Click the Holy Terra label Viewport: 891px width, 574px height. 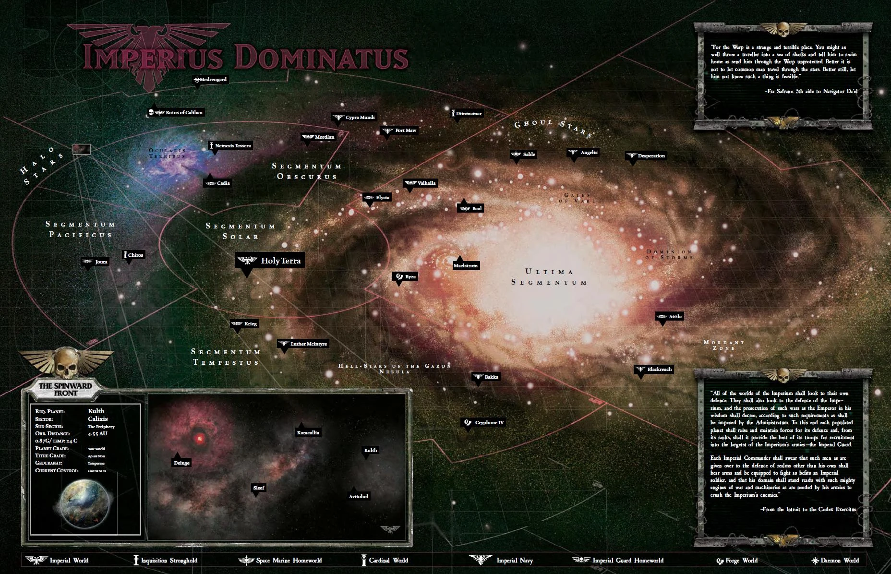pyautogui.click(x=270, y=261)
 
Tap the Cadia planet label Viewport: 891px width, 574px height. pyautogui.click(x=217, y=183)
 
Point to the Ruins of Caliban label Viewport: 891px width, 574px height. pyautogui.click(x=175, y=112)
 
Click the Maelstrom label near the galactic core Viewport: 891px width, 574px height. pyautogui.click(x=466, y=265)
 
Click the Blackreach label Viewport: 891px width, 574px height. pyautogui.click(x=653, y=369)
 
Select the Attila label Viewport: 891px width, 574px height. pyautogui.click(x=669, y=316)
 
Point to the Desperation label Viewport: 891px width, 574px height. pyautogui.click(x=646, y=155)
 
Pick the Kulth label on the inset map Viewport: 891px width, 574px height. pyautogui.click(x=370, y=450)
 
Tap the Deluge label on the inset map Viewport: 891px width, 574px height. pyautogui.click(x=181, y=463)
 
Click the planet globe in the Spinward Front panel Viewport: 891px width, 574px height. pyautogui.click(x=85, y=503)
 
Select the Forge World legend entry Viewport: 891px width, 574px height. pyautogui.click(x=737, y=560)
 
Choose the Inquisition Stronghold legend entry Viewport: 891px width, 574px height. pyautogui.click(x=165, y=560)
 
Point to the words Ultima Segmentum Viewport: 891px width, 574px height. pyautogui.click(x=549, y=277)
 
